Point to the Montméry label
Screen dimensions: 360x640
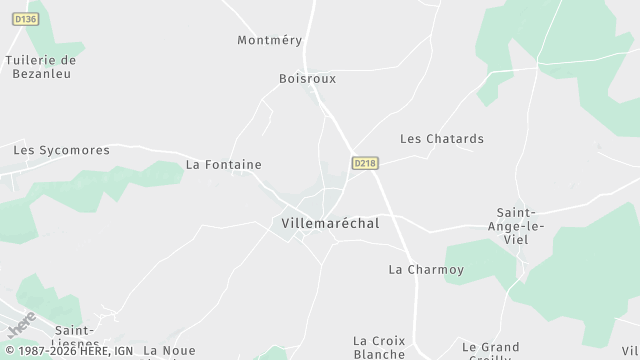click(x=269, y=40)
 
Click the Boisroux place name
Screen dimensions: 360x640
click(x=307, y=78)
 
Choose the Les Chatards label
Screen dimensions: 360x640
click(x=442, y=139)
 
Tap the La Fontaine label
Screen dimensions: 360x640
click(x=224, y=164)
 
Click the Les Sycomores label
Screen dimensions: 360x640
click(x=61, y=150)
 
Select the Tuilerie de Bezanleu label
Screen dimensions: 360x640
click(x=41, y=66)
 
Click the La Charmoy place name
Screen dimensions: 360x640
click(x=426, y=269)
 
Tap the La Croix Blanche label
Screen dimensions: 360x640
click(x=380, y=346)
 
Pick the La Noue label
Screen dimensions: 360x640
click(x=169, y=350)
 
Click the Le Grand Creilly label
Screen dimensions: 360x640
click(x=490, y=349)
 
